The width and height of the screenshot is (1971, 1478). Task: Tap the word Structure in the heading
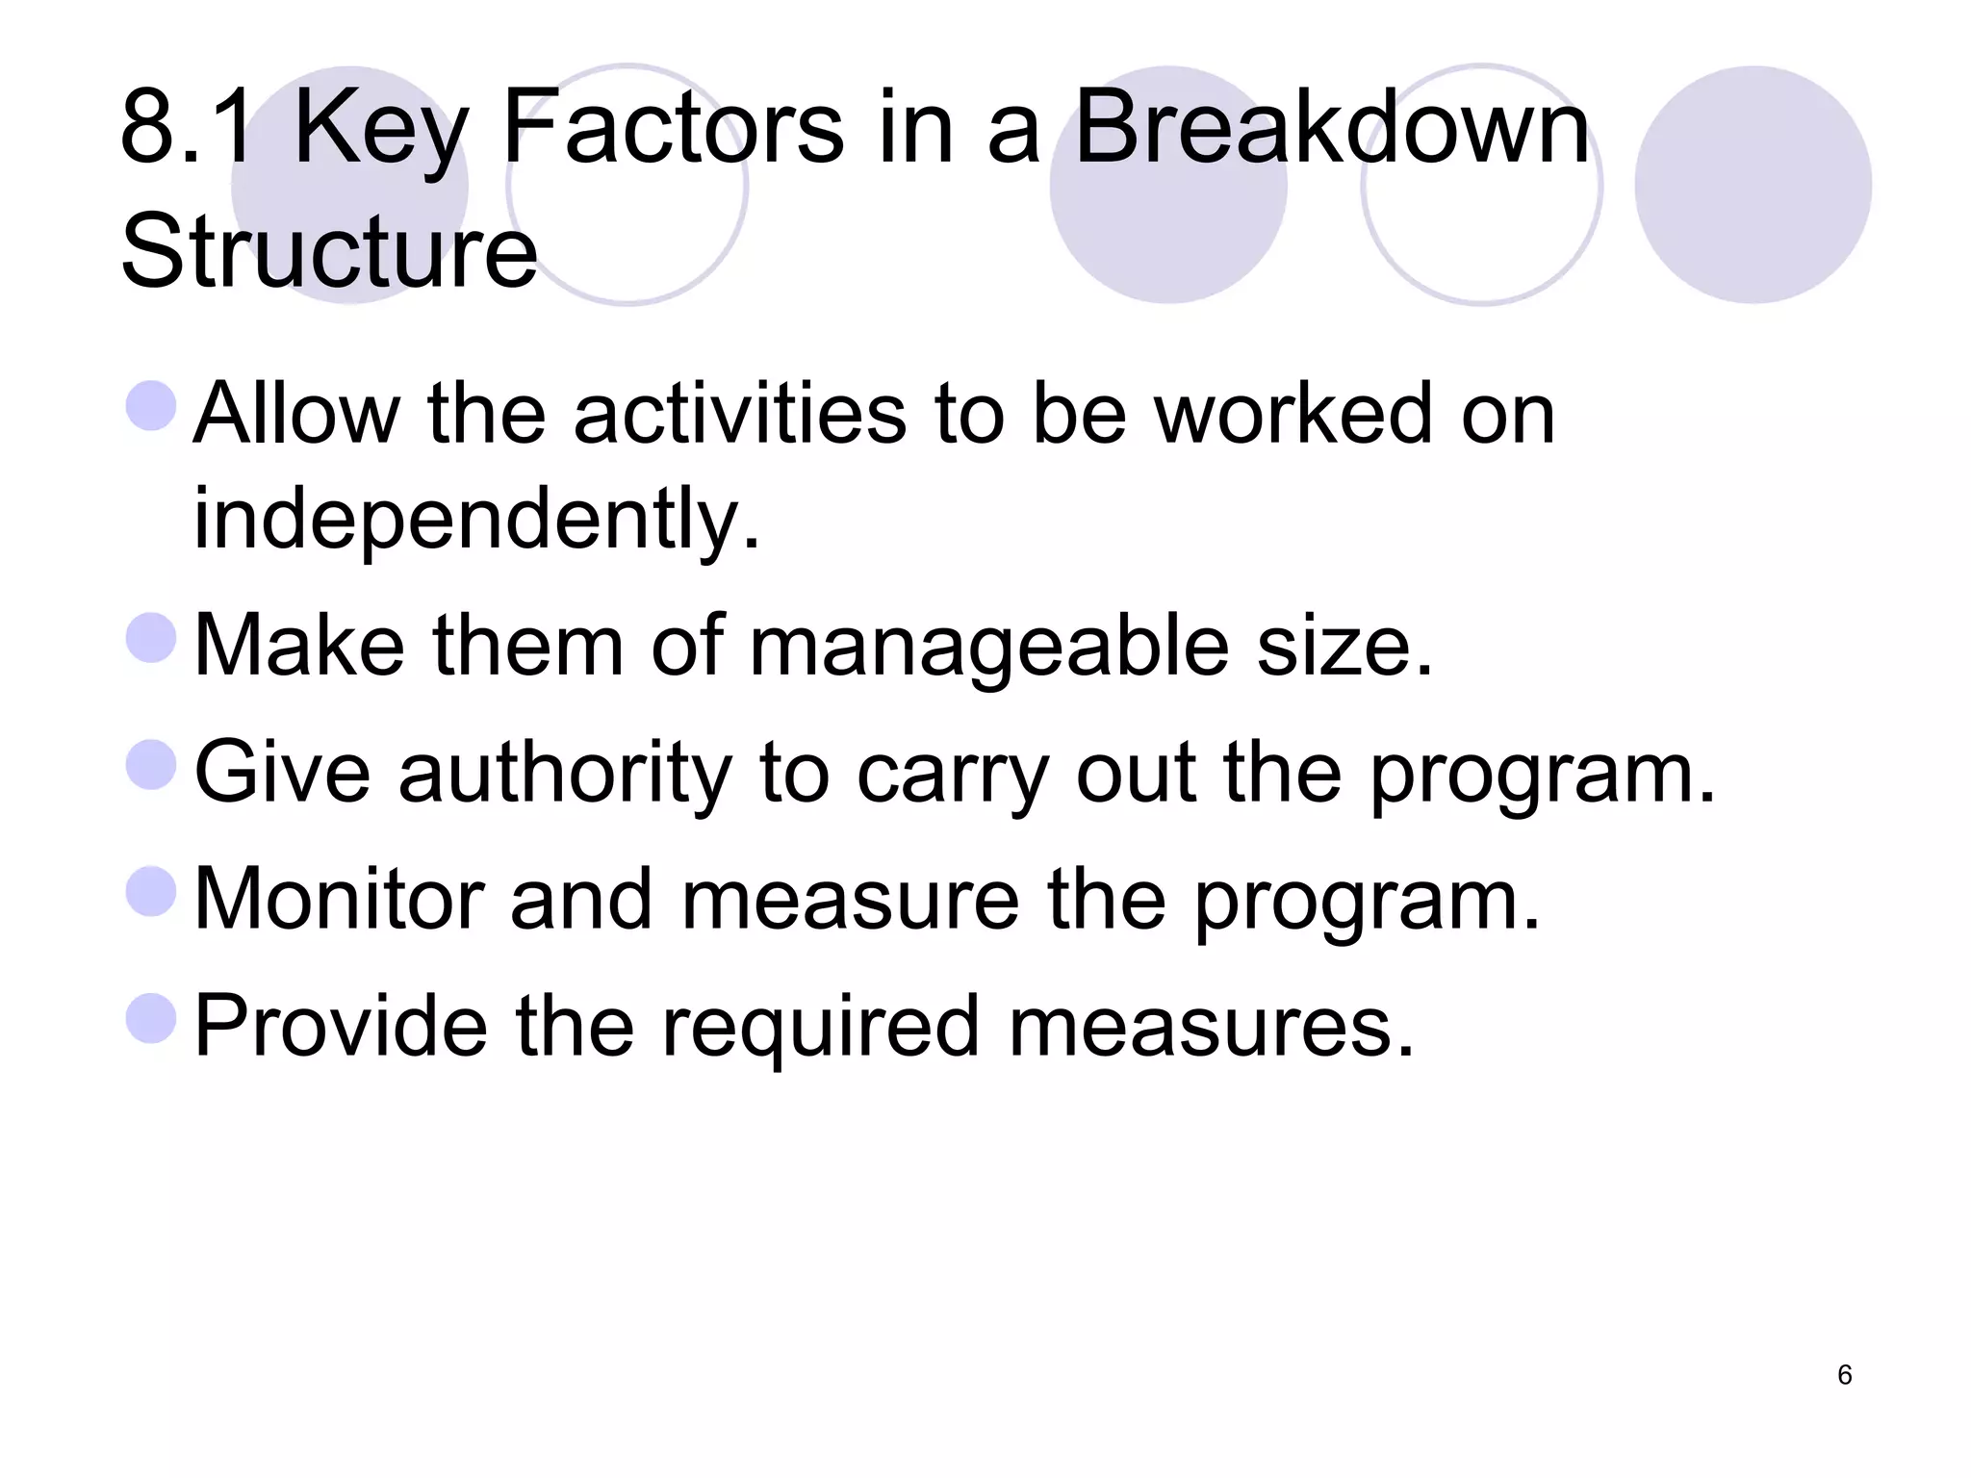[328, 252]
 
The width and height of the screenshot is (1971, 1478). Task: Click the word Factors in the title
[672, 129]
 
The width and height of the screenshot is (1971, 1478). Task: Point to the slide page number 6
[1844, 1375]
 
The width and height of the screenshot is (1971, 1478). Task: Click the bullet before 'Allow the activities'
[151, 405]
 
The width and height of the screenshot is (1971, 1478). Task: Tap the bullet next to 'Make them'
[151, 638]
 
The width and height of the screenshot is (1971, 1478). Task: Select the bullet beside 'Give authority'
[151, 765]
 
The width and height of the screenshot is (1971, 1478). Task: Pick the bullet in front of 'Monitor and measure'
[151, 891]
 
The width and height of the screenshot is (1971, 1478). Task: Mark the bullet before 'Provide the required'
[151, 1018]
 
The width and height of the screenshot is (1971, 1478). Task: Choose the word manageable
[988, 647]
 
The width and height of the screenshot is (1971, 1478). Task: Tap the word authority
[565, 774]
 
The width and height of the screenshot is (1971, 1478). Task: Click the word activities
[739, 414]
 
